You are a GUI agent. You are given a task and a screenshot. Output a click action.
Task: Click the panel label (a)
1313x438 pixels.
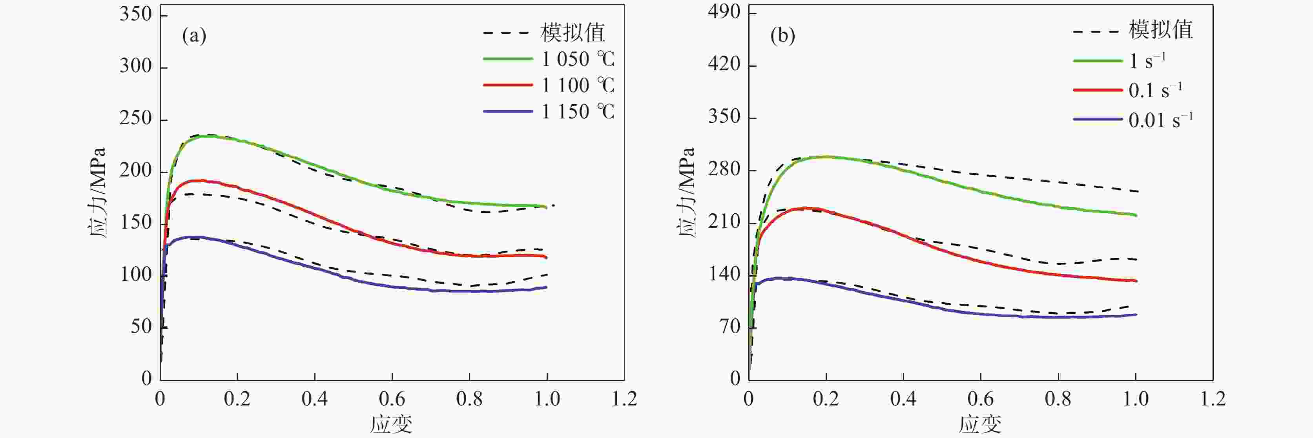194,36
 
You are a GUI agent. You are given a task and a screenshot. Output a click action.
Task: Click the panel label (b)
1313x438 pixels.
783,36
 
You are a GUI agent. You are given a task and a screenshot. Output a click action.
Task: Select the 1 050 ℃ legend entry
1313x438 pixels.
578,60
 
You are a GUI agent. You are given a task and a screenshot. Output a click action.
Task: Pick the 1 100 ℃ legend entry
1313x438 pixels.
578,85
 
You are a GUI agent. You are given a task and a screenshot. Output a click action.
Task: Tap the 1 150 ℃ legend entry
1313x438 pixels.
578,111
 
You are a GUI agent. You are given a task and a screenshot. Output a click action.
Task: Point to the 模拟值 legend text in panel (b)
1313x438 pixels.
1161,30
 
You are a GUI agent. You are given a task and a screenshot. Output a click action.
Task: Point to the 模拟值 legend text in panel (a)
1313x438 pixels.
573,33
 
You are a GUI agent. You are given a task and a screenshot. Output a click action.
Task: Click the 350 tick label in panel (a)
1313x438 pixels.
136,14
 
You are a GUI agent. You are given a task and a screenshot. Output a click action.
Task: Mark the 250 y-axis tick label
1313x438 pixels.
136,119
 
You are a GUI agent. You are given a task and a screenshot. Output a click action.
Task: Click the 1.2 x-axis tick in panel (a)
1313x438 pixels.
624,399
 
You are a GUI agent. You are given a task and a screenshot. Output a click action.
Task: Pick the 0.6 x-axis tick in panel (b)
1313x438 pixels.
981,399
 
